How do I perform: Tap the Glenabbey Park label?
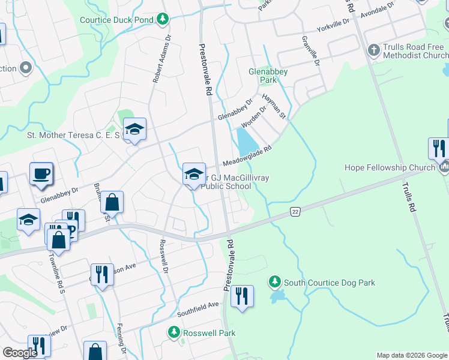tap(268, 75)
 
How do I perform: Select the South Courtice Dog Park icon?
tap(274, 282)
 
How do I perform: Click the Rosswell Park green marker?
tap(173, 332)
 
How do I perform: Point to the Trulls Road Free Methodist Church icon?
tap(373, 50)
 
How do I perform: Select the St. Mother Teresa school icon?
tap(135, 129)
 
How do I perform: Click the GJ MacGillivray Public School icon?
tap(194, 174)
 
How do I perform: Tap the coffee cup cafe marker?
tap(41, 174)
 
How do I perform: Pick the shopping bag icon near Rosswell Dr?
tap(112, 203)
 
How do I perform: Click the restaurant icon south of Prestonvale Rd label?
tap(242, 296)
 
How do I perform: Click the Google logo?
tap(20, 353)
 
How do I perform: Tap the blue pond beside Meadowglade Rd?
tap(247, 143)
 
